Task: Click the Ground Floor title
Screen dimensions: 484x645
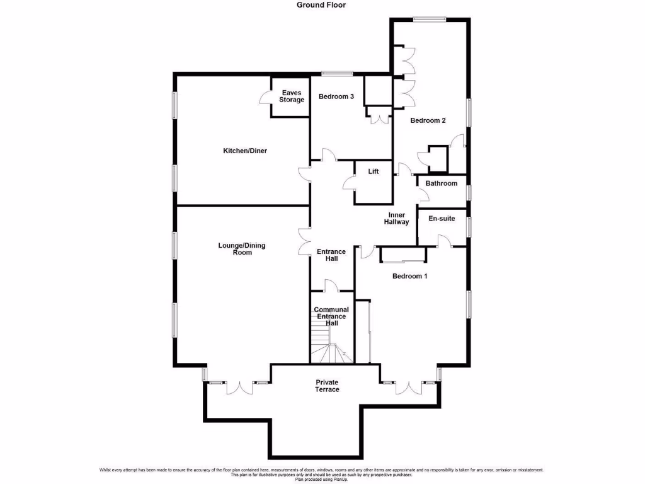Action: point(321,5)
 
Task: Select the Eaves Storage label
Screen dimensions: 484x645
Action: point(292,96)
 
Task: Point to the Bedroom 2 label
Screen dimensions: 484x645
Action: point(428,120)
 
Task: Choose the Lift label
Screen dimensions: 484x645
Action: point(374,172)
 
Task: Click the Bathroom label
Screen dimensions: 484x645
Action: point(441,183)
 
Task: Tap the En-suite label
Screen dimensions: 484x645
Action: point(442,219)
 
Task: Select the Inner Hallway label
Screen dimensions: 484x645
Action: point(397,218)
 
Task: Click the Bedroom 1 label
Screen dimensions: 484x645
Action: point(410,276)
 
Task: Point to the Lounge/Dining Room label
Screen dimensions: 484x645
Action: point(242,249)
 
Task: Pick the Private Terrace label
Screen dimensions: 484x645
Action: point(327,386)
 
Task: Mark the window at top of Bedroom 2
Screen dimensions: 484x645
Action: point(430,18)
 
